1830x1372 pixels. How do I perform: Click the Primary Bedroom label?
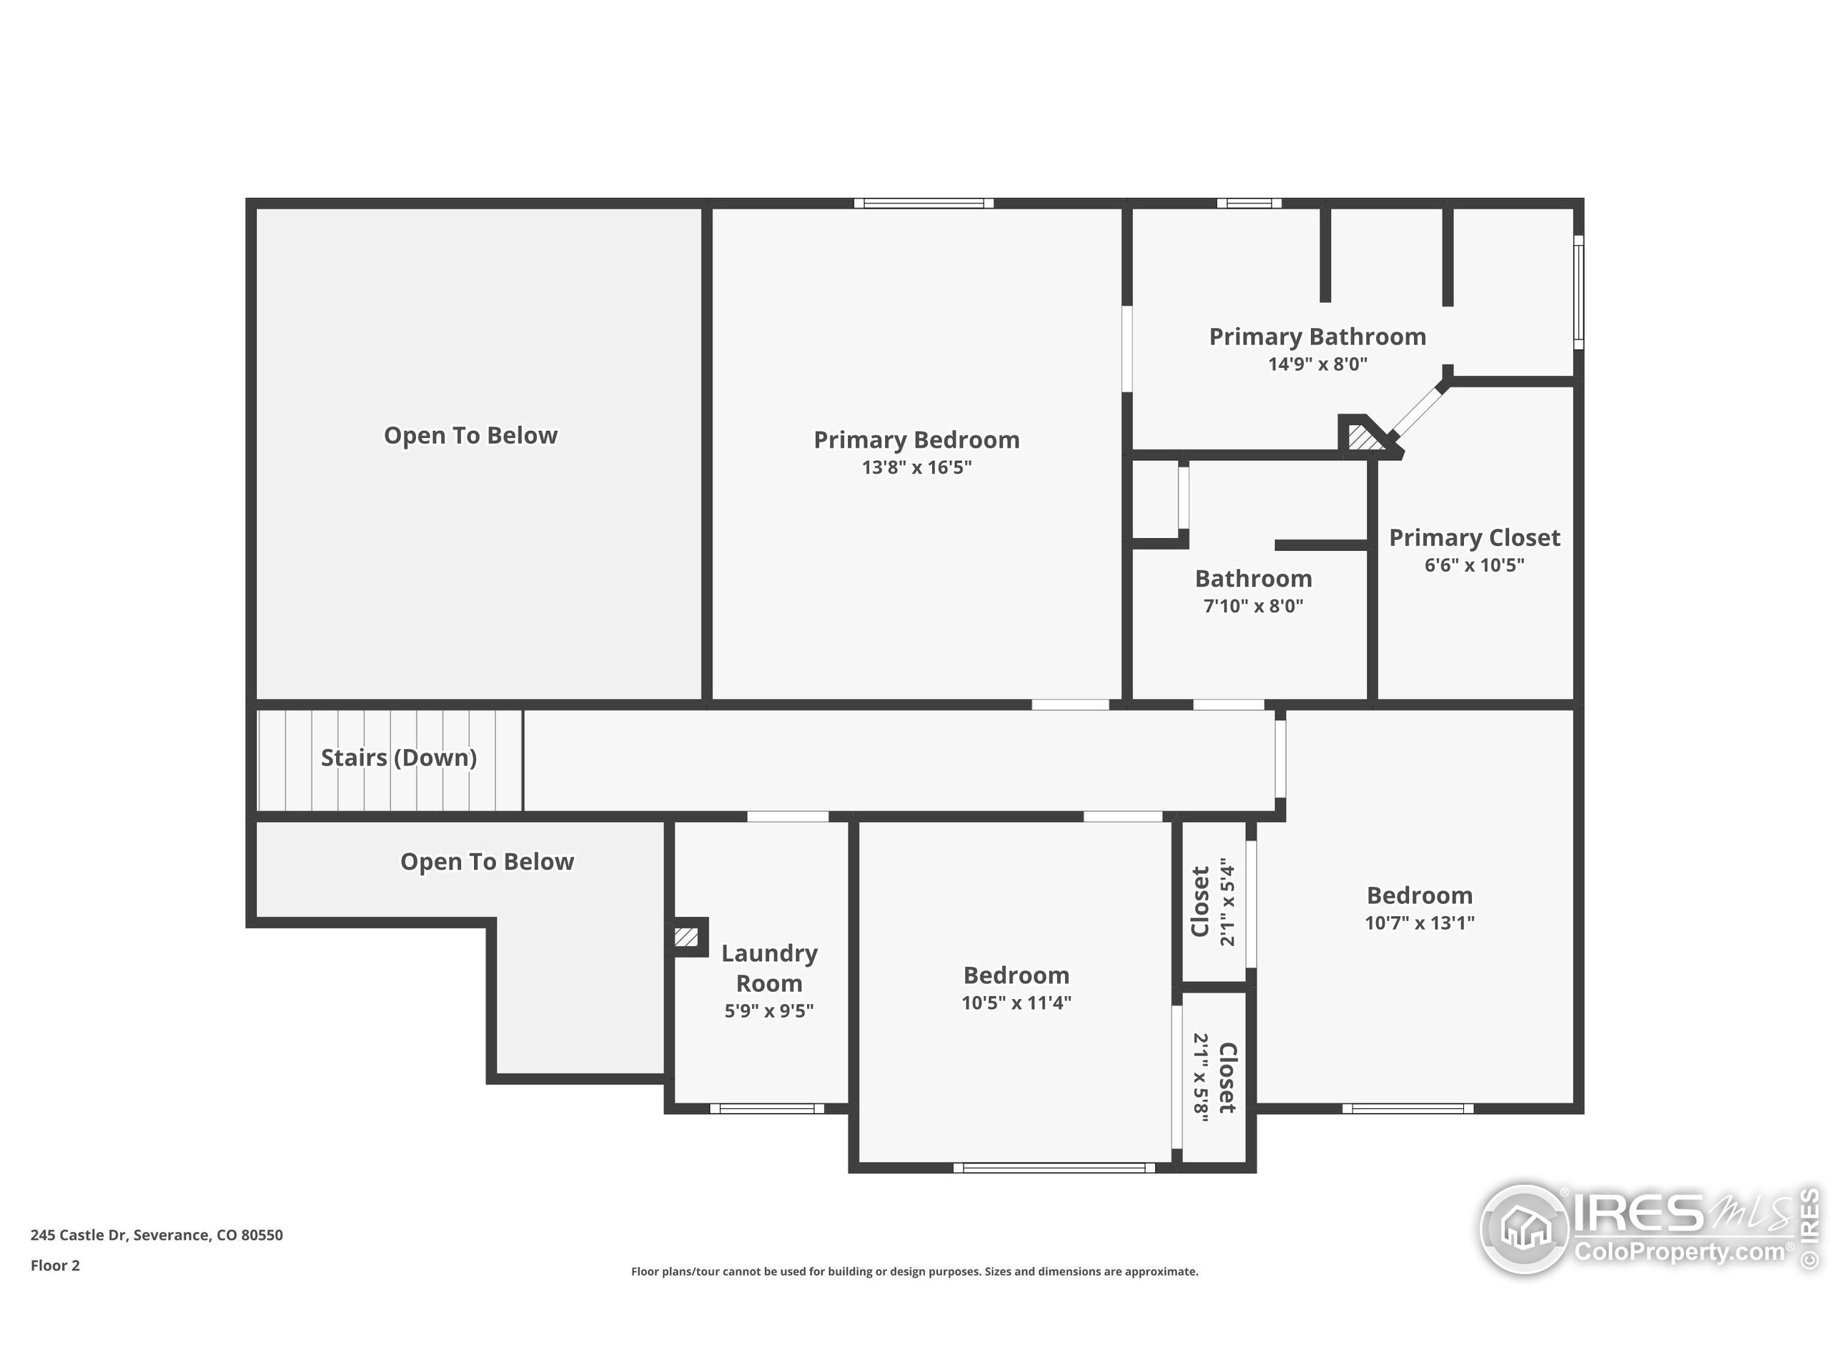[916, 440]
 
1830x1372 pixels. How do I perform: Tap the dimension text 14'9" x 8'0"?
[1317, 364]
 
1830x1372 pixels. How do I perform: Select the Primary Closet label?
[1473, 538]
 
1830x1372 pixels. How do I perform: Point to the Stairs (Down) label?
[398, 757]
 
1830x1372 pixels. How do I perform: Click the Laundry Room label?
[768, 968]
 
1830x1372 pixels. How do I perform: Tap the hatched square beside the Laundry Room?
[686, 937]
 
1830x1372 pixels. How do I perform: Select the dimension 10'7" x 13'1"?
[1419, 923]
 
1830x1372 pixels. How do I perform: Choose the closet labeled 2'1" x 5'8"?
[1214, 1078]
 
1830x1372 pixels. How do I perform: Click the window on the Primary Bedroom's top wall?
[924, 204]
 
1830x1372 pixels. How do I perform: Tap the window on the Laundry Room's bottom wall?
[767, 1108]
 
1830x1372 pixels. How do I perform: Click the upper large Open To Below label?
[470, 436]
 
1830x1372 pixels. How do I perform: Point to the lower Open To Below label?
[487, 862]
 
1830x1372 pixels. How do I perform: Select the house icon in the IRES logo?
[1525, 1228]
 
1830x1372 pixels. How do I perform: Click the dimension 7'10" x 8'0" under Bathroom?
[1252, 606]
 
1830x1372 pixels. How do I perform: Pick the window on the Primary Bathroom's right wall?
[1578, 292]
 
